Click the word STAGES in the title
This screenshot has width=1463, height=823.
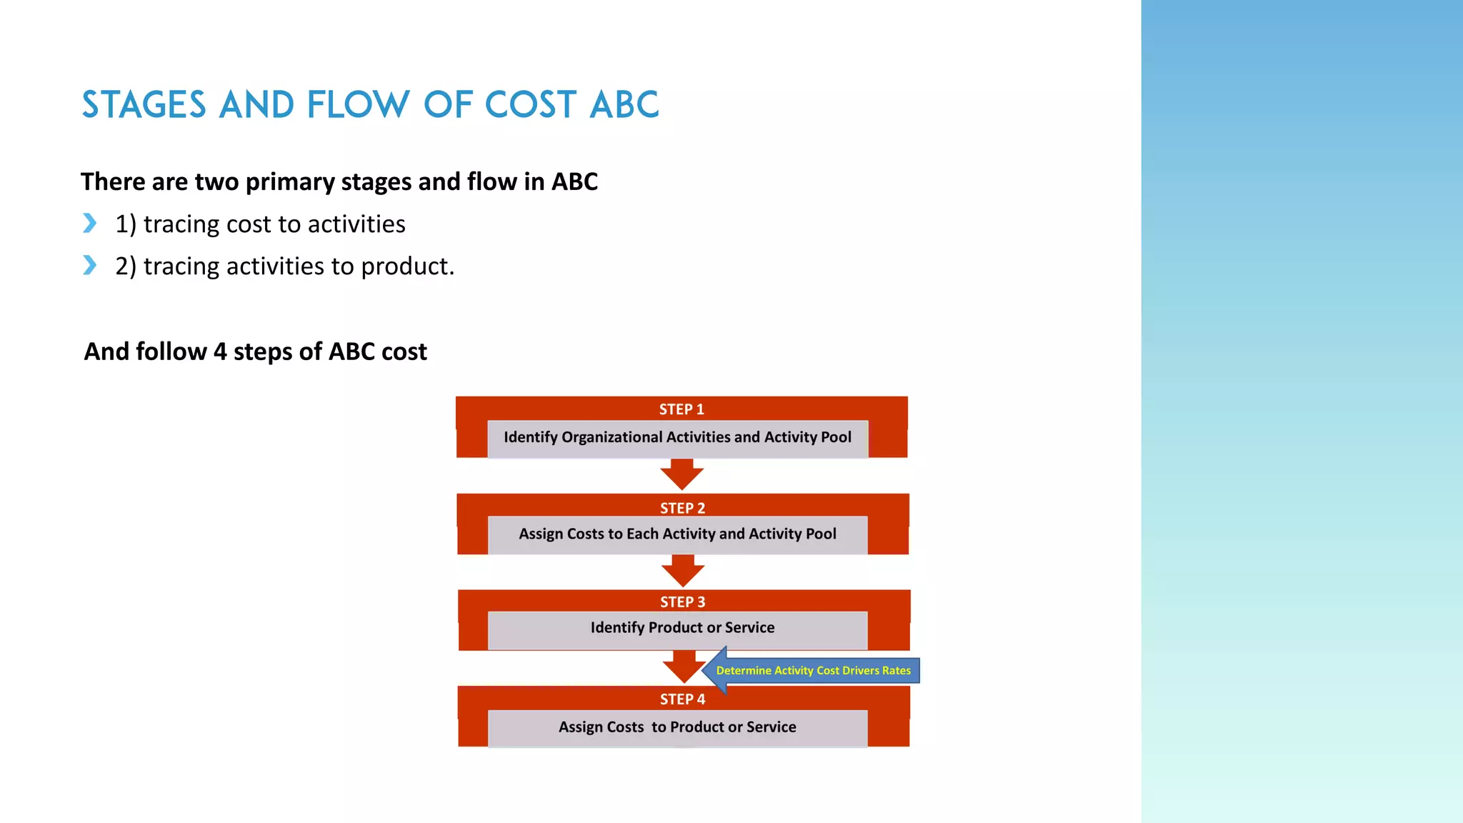pos(144,105)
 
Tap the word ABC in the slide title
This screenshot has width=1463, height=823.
pos(624,105)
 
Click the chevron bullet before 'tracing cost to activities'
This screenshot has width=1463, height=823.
pos(89,224)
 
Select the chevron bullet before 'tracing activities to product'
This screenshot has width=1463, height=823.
pos(89,266)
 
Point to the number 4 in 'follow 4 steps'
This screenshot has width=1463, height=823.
pos(220,352)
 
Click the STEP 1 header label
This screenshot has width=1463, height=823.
pos(681,409)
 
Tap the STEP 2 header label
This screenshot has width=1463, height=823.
pos(682,508)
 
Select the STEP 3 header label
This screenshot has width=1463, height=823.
pos(682,602)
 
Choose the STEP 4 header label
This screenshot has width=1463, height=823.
pos(682,699)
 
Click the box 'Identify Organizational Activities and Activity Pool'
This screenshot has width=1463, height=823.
pos(677,438)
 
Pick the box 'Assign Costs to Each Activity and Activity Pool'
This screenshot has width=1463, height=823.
pos(677,534)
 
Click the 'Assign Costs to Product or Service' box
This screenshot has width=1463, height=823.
pos(677,727)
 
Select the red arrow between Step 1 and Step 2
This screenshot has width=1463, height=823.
pos(681,474)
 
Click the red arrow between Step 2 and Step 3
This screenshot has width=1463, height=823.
pos(683,571)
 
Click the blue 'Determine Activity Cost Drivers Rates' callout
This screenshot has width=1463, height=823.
pos(813,670)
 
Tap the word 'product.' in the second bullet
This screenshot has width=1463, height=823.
pos(407,266)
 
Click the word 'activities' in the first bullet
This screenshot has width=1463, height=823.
pos(356,224)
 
